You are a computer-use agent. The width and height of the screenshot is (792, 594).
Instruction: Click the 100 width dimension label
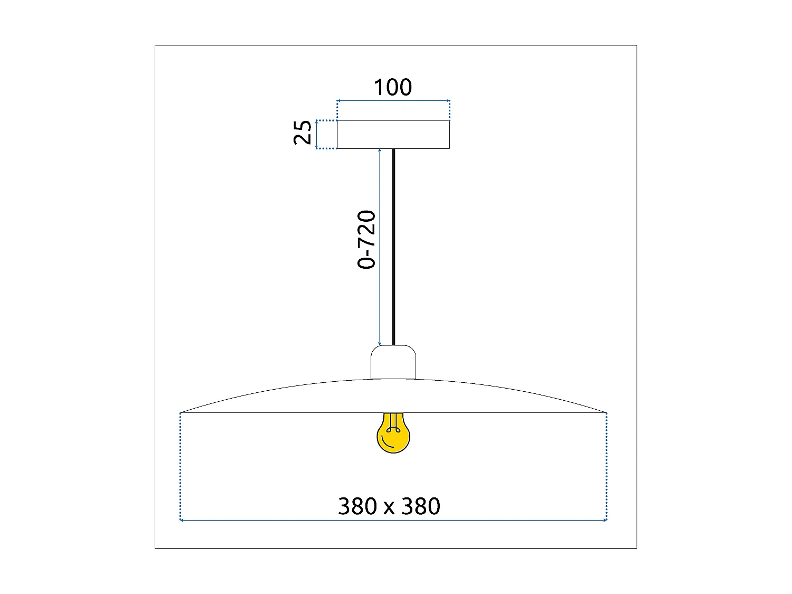(392, 88)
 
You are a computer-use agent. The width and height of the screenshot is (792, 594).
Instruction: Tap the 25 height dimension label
(303, 133)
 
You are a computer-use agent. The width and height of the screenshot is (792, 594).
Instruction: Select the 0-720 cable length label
(366, 240)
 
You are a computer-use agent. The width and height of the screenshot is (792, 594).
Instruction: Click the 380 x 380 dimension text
(389, 506)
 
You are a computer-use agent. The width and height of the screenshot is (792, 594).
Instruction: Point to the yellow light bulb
(393, 435)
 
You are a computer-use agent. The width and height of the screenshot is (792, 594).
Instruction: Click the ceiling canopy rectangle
(393, 135)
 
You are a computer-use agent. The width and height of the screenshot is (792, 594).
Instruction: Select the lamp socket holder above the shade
(393, 362)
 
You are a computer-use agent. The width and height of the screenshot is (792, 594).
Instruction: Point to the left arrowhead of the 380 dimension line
(182, 521)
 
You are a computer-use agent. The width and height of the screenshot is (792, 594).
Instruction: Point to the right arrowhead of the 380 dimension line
(606, 521)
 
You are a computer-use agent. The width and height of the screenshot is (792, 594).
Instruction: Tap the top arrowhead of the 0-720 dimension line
(380, 151)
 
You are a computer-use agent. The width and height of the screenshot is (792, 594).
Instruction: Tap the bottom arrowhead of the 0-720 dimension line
(380, 343)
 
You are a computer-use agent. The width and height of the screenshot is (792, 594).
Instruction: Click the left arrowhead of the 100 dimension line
(339, 100)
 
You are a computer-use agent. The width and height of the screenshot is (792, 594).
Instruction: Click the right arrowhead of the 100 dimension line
(448, 100)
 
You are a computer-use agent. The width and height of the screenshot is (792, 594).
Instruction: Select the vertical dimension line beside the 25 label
(317, 135)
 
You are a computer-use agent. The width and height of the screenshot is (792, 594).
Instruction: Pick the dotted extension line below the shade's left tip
(181, 465)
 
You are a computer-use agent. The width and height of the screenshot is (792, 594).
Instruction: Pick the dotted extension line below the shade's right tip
(607, 465)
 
